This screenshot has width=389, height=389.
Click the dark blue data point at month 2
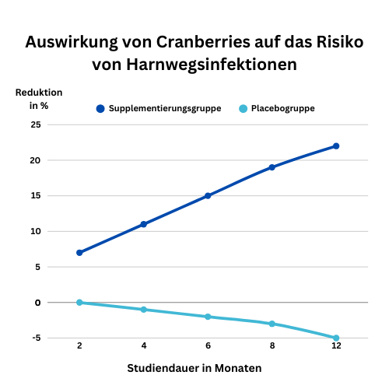tap(79, 253)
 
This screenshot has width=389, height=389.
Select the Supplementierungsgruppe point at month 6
tap(208, 196)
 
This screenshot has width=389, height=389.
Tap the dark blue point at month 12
tap(336, 146)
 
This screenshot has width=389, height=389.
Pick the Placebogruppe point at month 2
tap(79, 303)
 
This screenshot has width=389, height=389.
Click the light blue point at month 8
tap(272, 324)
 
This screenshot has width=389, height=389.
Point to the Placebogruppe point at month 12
tap(336, 338)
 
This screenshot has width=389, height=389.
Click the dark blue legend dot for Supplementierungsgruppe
tap(100, 109)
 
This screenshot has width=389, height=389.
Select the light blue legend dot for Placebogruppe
tap(243, 109)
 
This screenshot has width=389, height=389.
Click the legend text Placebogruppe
tap(283, 108)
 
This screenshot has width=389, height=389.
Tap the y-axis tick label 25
tap(36, 125)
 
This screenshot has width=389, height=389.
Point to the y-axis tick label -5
tap(37, 338)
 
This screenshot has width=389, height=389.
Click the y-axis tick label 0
tap(38, 303)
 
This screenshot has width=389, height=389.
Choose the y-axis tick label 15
tap(36, 196)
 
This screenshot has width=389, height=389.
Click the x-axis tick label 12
tap(336, 345)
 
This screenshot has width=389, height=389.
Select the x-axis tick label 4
tap(144, 345)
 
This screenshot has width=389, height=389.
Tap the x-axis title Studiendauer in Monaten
tap(194, 368)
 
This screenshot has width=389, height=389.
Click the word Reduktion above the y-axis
tap(39, 93)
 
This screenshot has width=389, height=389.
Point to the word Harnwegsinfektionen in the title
tap(212, 65)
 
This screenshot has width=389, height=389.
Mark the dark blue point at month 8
tap(272, 167)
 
